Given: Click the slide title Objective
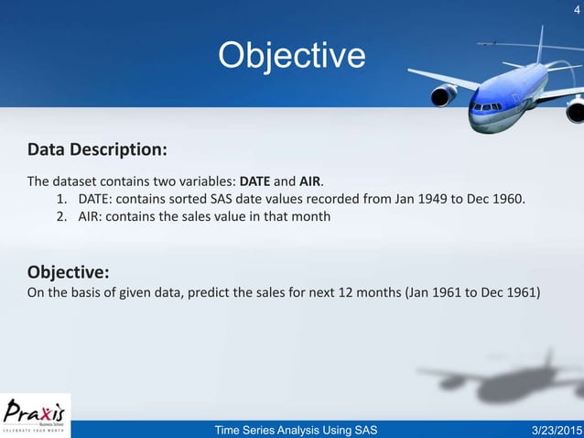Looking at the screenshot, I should click(291, 56).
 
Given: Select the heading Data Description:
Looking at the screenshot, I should click(97, 149).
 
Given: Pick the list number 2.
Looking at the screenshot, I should click(63, 217).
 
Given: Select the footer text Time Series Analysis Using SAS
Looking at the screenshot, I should click(295, 430).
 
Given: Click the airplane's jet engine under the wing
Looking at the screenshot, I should click(444, 94).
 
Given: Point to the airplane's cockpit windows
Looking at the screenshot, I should click(486, 107).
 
